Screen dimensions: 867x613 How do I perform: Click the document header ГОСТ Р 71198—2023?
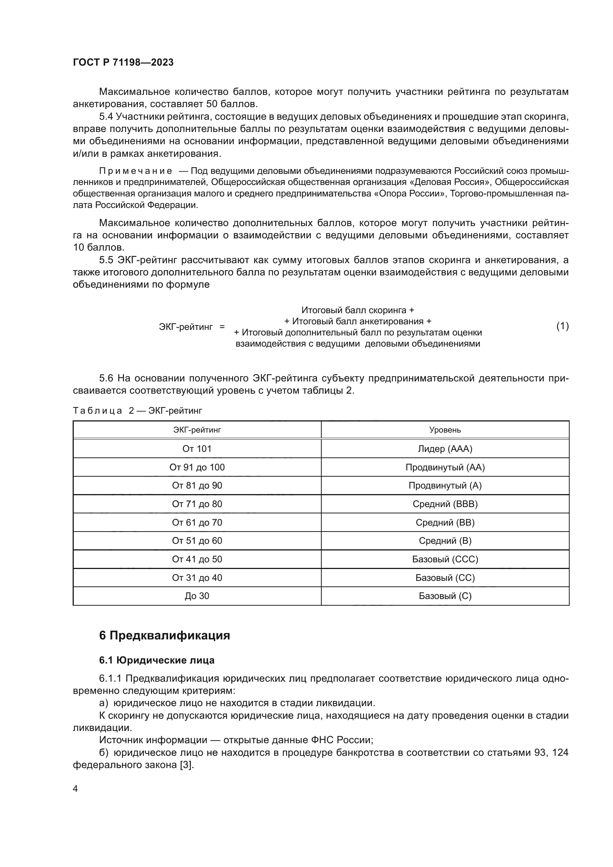[x=123, y=62]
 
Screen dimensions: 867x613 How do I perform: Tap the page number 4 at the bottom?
[x=76, y=789]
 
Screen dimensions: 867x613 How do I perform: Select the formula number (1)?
[x=563, y=326]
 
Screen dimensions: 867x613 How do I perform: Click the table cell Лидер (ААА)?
[x=445, y=449]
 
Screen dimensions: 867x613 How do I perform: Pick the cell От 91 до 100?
[x=197, y=467]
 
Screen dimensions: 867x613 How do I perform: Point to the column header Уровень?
[x=445, y=430]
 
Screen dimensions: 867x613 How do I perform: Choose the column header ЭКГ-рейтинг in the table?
[x=197, y=430]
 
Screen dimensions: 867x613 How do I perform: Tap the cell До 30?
[x=197, y=596]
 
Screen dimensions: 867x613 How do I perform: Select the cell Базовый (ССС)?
[x=445, y=559]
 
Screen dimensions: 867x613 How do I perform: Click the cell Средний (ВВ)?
[x=445, y=522]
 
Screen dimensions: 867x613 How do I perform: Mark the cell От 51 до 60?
[x=197, y=540]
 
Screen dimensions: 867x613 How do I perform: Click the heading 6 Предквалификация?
[x=165, y=636]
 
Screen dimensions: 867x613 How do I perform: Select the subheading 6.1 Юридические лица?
[x=157, y=660]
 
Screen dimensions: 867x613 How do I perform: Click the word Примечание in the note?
[x=136, y=171]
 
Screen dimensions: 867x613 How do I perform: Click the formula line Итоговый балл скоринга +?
[x=357, y=310]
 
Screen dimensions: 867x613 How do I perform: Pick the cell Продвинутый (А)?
[x=445, y=485]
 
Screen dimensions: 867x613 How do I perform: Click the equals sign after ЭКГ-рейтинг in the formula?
[x=222, y=326]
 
